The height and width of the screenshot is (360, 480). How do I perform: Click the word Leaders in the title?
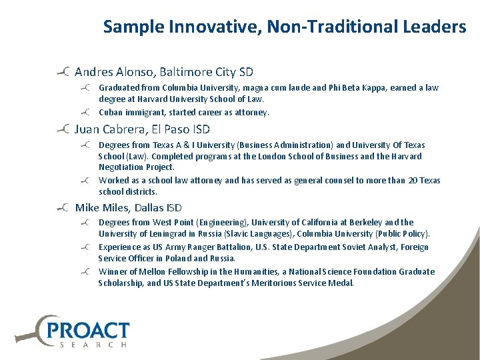[x=434, y=27]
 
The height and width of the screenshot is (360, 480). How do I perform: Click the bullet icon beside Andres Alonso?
[x=64, y=71]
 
